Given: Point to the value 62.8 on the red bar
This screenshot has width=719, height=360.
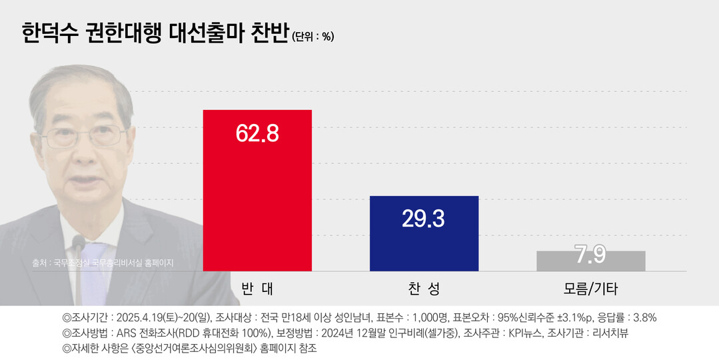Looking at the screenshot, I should click(257, 133).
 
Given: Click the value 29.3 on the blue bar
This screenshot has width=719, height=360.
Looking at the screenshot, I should click(423, 218).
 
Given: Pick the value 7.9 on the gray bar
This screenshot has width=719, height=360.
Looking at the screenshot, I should click(590, 254).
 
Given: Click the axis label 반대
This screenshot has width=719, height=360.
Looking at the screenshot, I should click(257, 289).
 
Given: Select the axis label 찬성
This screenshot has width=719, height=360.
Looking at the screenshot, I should click(424, 289).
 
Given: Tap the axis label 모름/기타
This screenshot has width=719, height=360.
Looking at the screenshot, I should click(590, 289).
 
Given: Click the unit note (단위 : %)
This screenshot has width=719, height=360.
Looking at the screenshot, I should click(313, 37).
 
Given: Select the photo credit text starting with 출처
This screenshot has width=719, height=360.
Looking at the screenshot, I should click(103, 263).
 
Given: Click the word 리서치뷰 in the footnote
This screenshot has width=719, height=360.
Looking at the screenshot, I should click(608, 333).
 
